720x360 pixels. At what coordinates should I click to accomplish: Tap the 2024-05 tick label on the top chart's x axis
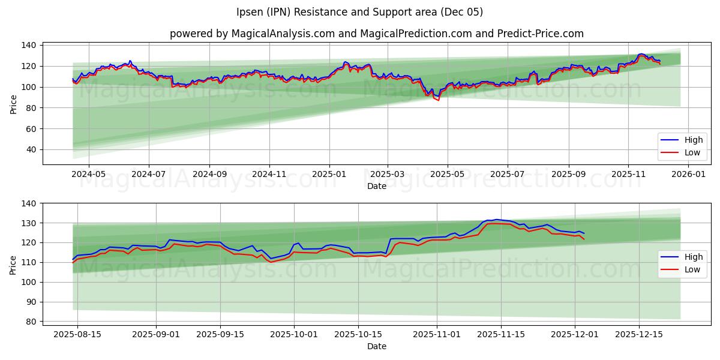click(89, 175)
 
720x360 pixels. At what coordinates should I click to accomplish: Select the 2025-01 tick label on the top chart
click(329, 175)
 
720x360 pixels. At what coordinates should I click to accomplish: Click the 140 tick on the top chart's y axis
click(29, 45)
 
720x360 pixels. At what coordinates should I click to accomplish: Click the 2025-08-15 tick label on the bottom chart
click(77, 334)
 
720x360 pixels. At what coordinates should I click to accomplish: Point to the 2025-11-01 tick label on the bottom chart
click(436, 334)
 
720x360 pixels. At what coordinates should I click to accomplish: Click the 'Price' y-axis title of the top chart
click(13, 104)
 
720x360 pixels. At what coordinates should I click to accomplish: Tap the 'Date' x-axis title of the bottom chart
click(376, 346)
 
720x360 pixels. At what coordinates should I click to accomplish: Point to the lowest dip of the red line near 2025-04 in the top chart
click(438, 100)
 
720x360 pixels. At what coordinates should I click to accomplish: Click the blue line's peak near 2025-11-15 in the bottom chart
click(496, 220)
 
